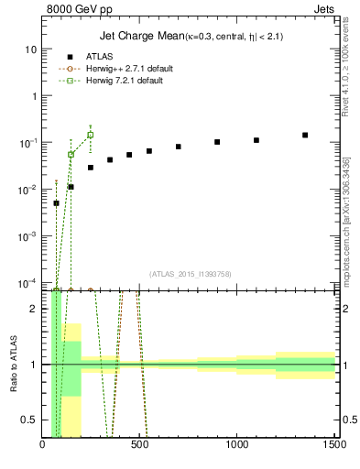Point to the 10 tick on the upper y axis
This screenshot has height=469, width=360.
pos(30,49)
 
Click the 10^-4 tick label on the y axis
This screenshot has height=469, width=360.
pos(27,282)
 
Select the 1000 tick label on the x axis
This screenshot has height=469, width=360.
pos(238,445)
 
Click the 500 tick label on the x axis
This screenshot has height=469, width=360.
pos(140,445)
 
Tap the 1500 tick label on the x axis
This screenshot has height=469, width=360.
pos(334,445)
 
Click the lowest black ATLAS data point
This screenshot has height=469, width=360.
pos(56,203)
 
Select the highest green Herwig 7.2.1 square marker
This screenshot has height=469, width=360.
pos(90,135)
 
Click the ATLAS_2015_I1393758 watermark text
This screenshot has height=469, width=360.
pos(190,274)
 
